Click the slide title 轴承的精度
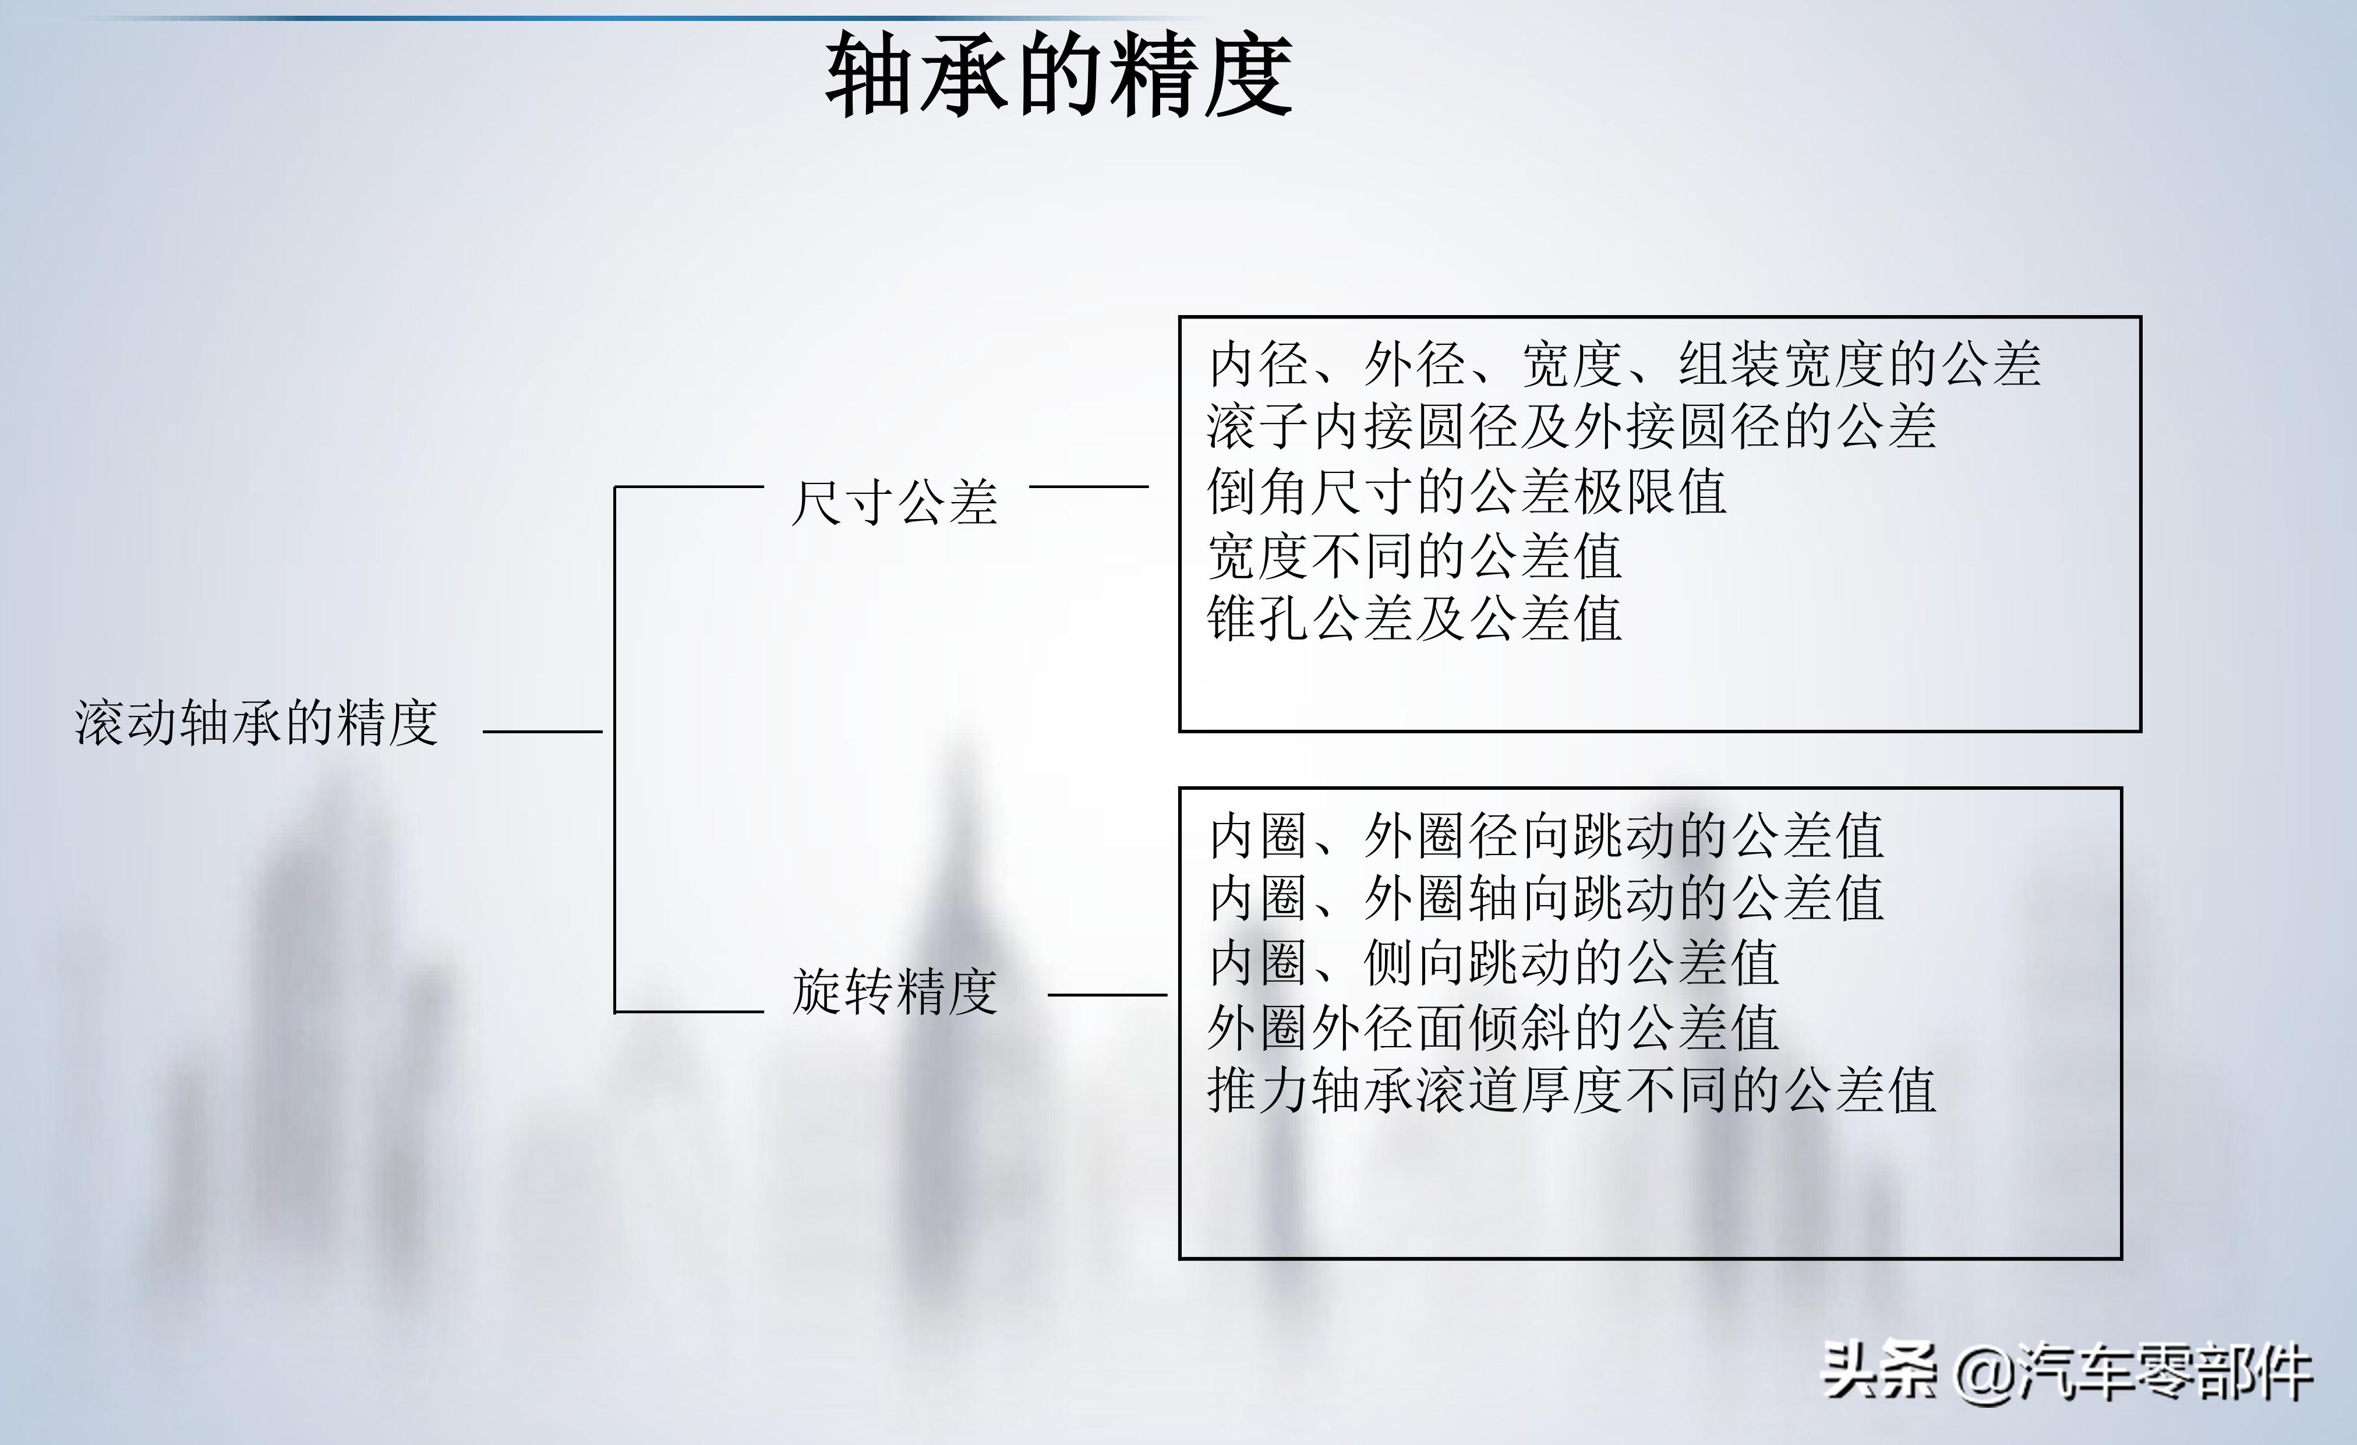pos(1059,75)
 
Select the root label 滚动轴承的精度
pos(256,723)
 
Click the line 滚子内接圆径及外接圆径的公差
pos(1572,426)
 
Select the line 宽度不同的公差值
pos(1415,556)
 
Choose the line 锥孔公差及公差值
pos(1415,618)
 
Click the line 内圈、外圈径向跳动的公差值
pos(1546,836)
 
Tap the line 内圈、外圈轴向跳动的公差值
pos(1546,899)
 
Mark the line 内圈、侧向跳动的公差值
pos(1493,963)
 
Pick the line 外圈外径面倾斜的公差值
pos(1493,1027)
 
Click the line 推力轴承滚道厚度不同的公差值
pos(1572,1090)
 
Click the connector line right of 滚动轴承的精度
pos(542,732)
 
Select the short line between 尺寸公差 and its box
pos(1089,487)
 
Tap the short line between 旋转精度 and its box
pos(1108,995)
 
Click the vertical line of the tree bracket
pos(615,749)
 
